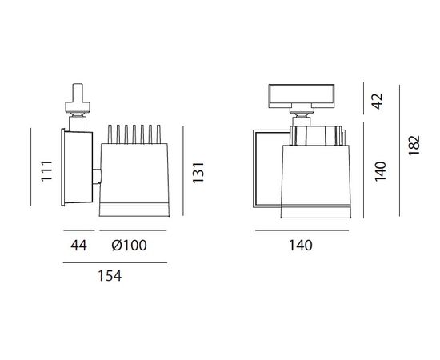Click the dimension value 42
pyautogui.click(x=378, y=100)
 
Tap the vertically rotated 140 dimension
pyautogui.click(x=379, y=170)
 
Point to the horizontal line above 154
pyautogui.click(x=111, y=263)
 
